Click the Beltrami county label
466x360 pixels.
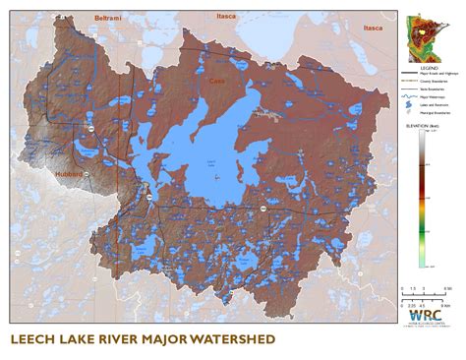tap(105, 19)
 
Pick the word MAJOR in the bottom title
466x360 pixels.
tap(158, 340)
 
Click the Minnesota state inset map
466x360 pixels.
tap(426, 34)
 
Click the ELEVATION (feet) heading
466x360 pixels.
tap(424, 128)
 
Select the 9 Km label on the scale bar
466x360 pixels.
tap(447, 287)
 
